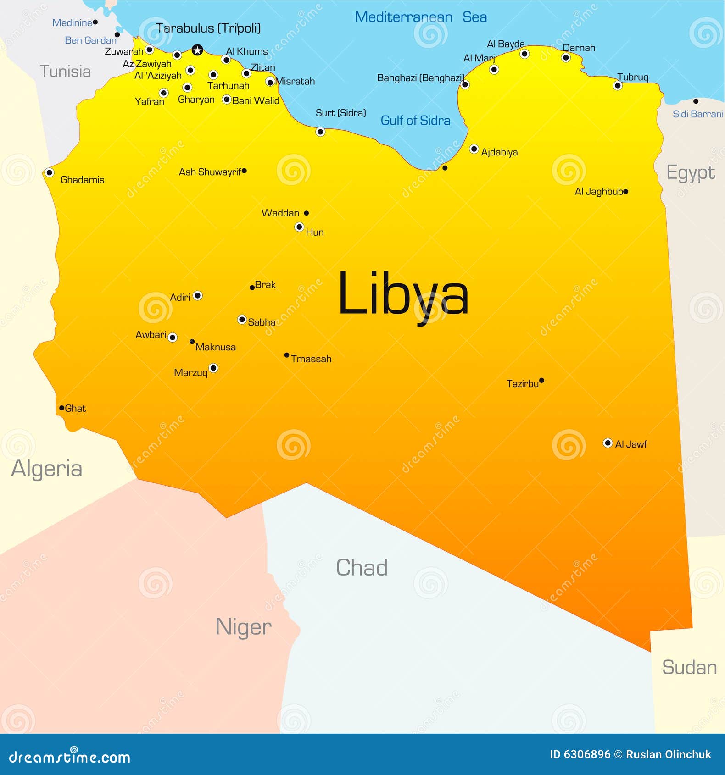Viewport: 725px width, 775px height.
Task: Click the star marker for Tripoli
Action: pyautogui.click(x=197, y=50)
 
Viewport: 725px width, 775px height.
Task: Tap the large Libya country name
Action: pyautogui.click(x=403, y=294)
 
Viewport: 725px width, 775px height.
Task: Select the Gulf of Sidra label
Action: pyautogui.click(x=415, y=121)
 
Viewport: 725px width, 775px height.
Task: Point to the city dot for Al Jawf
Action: pyautogui.click(x=608, y=443)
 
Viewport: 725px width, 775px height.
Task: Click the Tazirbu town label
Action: pyautogui.click(x=522, y=384)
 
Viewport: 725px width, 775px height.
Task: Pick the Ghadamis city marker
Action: pyautogui.click(x=49, y=173)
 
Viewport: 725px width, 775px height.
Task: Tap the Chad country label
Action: pyautogui.click(x=362, y=568)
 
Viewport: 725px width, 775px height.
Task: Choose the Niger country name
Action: pyautogui.click(x=243, y=627)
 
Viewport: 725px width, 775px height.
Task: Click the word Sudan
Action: pyautogui.click(x=689, y=668)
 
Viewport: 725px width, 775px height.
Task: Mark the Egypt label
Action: pyautogui.click(x=691, y=173)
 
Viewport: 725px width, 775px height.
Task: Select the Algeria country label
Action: pyautogui.click(x=47, y=469)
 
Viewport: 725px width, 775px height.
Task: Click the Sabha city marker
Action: pyautogui.click(x=242, y=319)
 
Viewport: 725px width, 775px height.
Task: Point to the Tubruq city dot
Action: pyautogui.click(x=618, y=86)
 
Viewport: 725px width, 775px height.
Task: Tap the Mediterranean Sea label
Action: pyautogui.click(x=420, y=17)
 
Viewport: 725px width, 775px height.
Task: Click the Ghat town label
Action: pyautogui.click(x=75, y=409)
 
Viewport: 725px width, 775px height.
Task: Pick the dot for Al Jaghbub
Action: pyautogui.click(x=626, y=192)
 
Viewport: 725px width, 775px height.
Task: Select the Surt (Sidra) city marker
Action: pyautogui.click(x=320, y=132)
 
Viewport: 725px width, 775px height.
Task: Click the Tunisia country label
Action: pyautogui.click(x=65, y=72)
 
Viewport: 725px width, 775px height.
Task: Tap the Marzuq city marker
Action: pyautogui.click(x=213, y=368)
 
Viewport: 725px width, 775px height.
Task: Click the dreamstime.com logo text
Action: pyautogui.click(x=70, y=758)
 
